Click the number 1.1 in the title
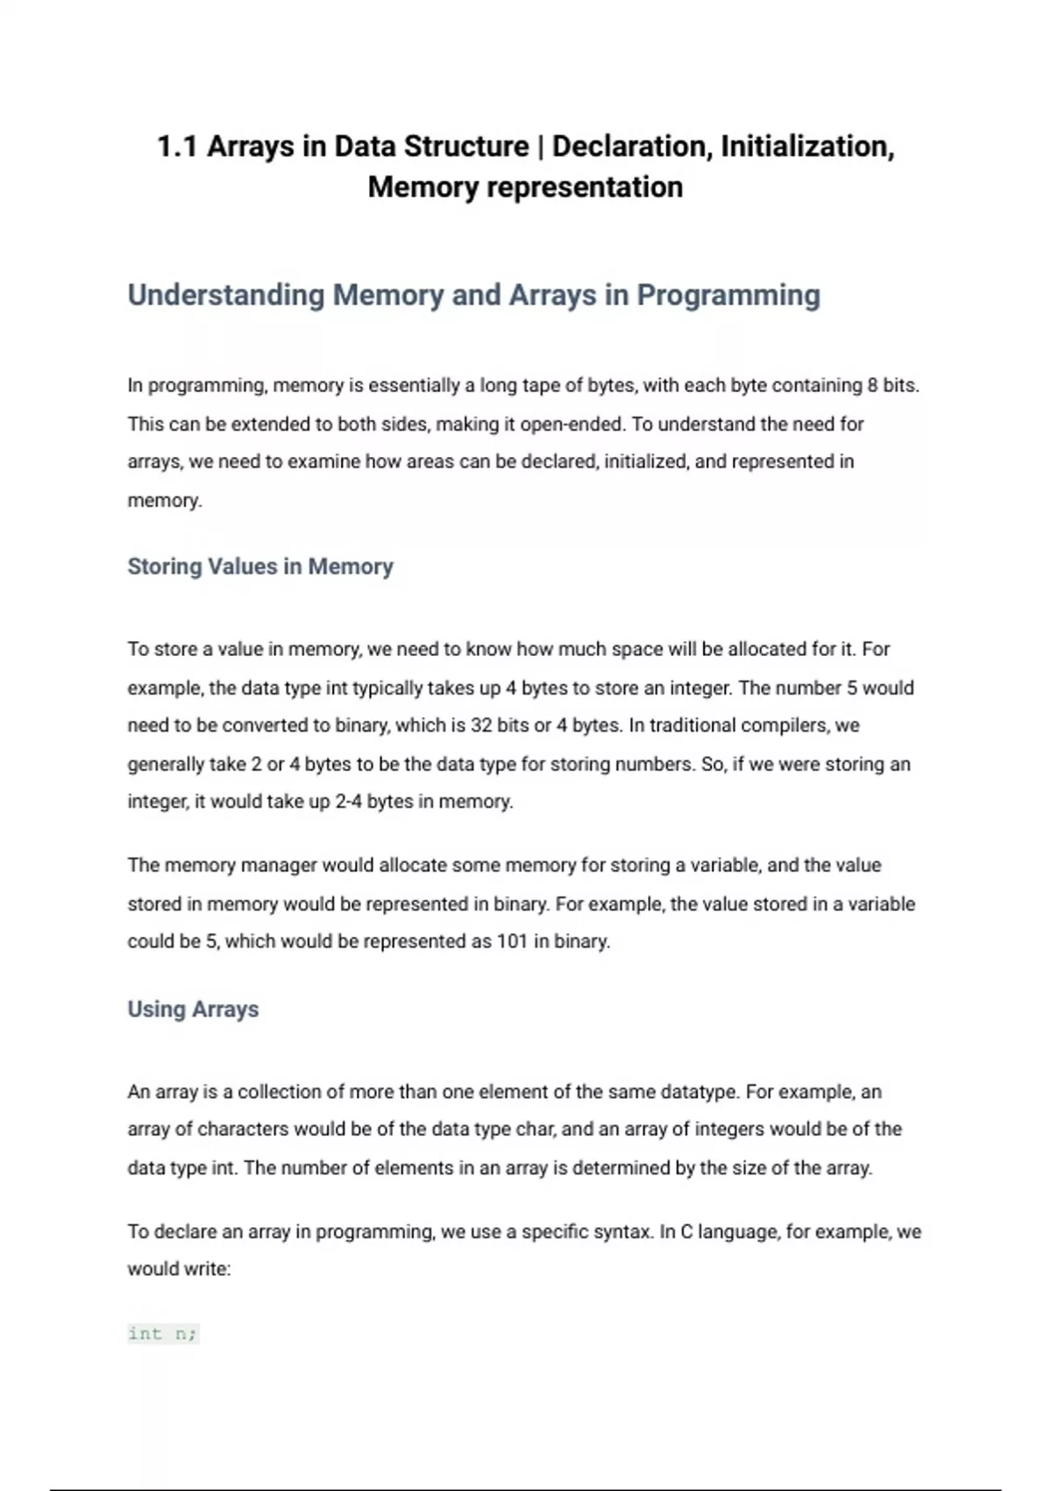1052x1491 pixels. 177,146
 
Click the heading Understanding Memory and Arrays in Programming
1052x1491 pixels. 473,296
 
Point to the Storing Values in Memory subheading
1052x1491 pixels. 260,567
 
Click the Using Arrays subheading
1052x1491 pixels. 193,1009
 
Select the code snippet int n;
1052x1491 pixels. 163,1334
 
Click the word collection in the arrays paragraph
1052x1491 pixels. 290,1093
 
